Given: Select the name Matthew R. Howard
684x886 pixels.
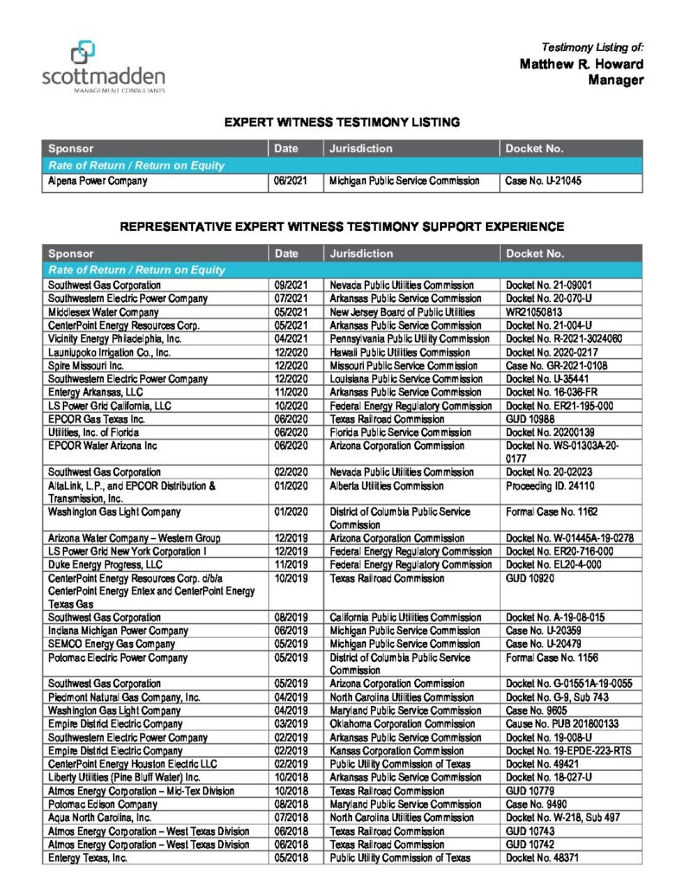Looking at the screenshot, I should (x=581, y=64).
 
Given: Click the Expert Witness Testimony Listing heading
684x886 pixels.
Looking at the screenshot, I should (x=342, y=122).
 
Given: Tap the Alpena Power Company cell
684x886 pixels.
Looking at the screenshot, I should (x=98, y=182).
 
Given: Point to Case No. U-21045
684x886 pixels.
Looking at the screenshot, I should (x=544, y=182).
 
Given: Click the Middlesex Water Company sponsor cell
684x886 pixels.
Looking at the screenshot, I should (x=104, y=311).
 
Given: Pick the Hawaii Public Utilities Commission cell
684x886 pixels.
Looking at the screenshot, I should (x=400, y=352).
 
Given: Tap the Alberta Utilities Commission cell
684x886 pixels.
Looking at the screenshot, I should (x=387, y=486).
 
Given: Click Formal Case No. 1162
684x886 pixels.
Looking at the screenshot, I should (x=552, y=511).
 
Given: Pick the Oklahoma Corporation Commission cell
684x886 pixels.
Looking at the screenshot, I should (x=402, y=723).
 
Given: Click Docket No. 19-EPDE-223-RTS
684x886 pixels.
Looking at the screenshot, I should (x=570, y=750).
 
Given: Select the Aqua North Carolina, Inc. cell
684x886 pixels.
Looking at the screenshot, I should (x=100, y=817).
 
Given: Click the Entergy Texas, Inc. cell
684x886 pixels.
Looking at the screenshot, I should (x=88, y=857).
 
